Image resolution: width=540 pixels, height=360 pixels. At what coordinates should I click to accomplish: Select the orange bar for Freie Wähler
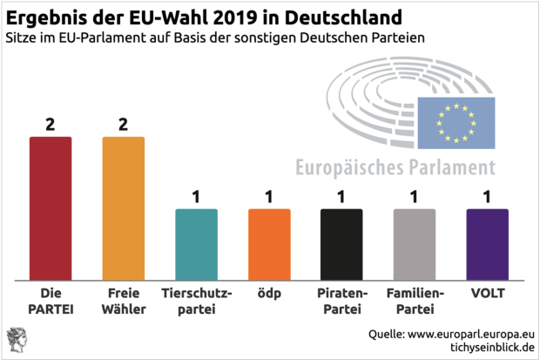pos(123,209)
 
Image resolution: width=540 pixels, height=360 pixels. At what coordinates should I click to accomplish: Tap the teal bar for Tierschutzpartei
pos(196,245)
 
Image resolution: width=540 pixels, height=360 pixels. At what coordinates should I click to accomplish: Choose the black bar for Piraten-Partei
pos(341,245)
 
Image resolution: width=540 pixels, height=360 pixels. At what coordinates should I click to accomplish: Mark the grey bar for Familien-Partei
pos(414,245)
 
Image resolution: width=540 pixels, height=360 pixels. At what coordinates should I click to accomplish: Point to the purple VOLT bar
pos(487,245)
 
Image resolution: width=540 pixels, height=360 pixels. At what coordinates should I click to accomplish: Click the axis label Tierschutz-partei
pos(196,302)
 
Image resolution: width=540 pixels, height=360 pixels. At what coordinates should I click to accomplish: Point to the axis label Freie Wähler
pos(123,302)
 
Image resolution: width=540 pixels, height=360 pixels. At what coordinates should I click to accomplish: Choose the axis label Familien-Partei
pos(414,302)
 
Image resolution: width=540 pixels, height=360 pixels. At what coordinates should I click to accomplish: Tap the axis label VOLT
pos(487,295)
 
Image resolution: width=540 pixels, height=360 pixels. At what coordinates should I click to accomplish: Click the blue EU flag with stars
pos(456,123)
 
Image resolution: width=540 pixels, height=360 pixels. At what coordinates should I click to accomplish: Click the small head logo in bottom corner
pos(17,341)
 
